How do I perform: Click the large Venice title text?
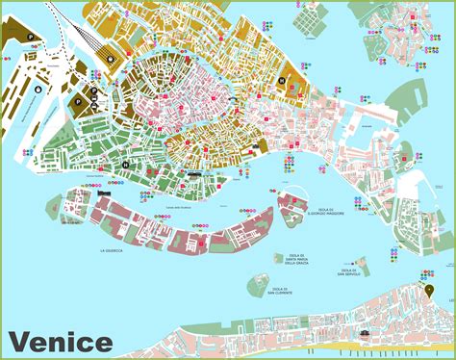tap(60, 341)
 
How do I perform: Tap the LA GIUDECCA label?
tap(114, 250)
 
